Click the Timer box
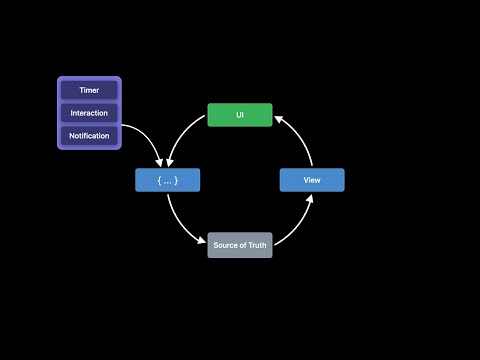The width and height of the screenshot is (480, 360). pyautogui.click(x=89, y=90)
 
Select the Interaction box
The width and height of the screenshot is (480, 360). pyautogui.click(x=89, y=113)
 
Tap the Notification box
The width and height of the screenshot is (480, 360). pyautogui.click(x=89, y=135)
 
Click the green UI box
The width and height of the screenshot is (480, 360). pyautogui.click(x=240, y=115)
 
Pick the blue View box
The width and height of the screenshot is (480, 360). pyautogui.click(x=311, y=180)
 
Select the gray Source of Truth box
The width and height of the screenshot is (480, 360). pyautogui.click(x=240, y=245)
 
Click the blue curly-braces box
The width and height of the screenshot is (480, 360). pyautogui.click(x=168, y=180)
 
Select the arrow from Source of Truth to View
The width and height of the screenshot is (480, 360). pyautogui.click(x=297, y=225)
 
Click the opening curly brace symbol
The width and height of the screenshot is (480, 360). pyautogui.click(x=159, y=180)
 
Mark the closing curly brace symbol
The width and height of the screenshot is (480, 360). pyautogui.click(x=177, y=180)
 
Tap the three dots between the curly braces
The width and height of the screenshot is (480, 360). pyautogui.click(x=168, y=180)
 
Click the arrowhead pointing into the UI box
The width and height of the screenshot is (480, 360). pyautogui.click(x=278, y=117)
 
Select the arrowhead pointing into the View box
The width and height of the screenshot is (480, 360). pyautogui.click(x=310, y=198)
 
